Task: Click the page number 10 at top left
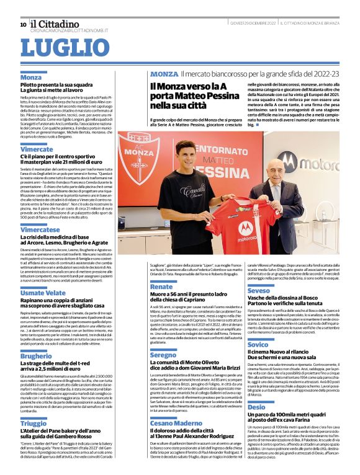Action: (x=23, y=24)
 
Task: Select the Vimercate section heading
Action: (x=37, y=149)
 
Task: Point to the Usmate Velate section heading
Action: (x=43, y=292)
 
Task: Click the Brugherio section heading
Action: (x=37, y=355)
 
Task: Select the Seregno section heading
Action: (x=163, y=355)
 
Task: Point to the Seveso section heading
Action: (x=259, y=290)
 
